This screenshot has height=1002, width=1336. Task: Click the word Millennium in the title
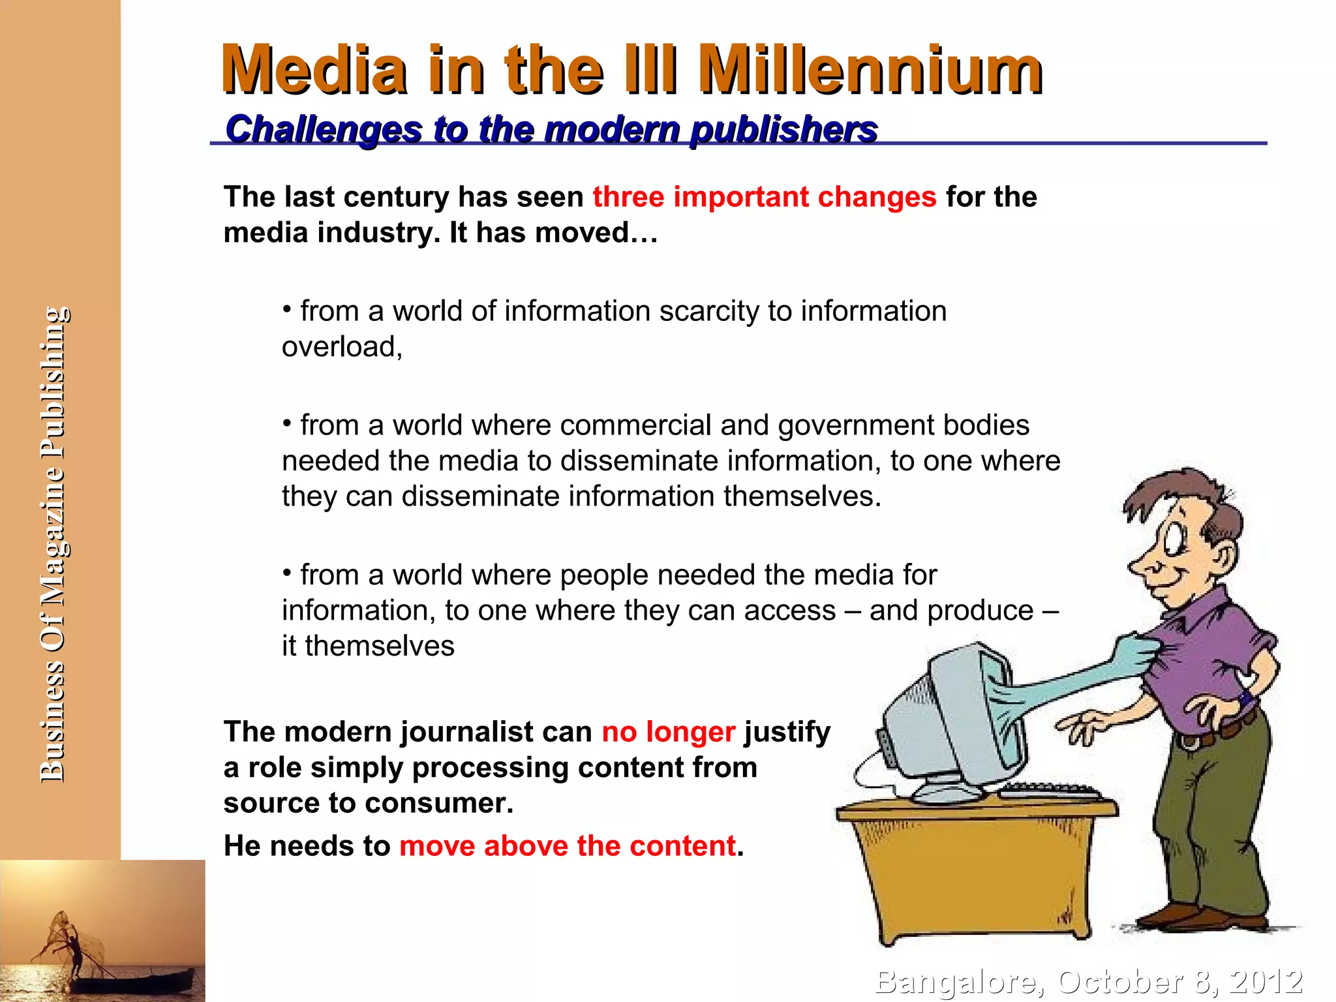[x=871, y=70]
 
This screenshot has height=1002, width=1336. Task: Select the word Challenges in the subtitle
[x=324, y=129]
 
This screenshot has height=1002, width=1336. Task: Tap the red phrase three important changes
[x=764, y=196]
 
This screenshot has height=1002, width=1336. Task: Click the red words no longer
[x=668, y=732]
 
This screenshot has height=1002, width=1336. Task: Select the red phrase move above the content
[x=568, y=846]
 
